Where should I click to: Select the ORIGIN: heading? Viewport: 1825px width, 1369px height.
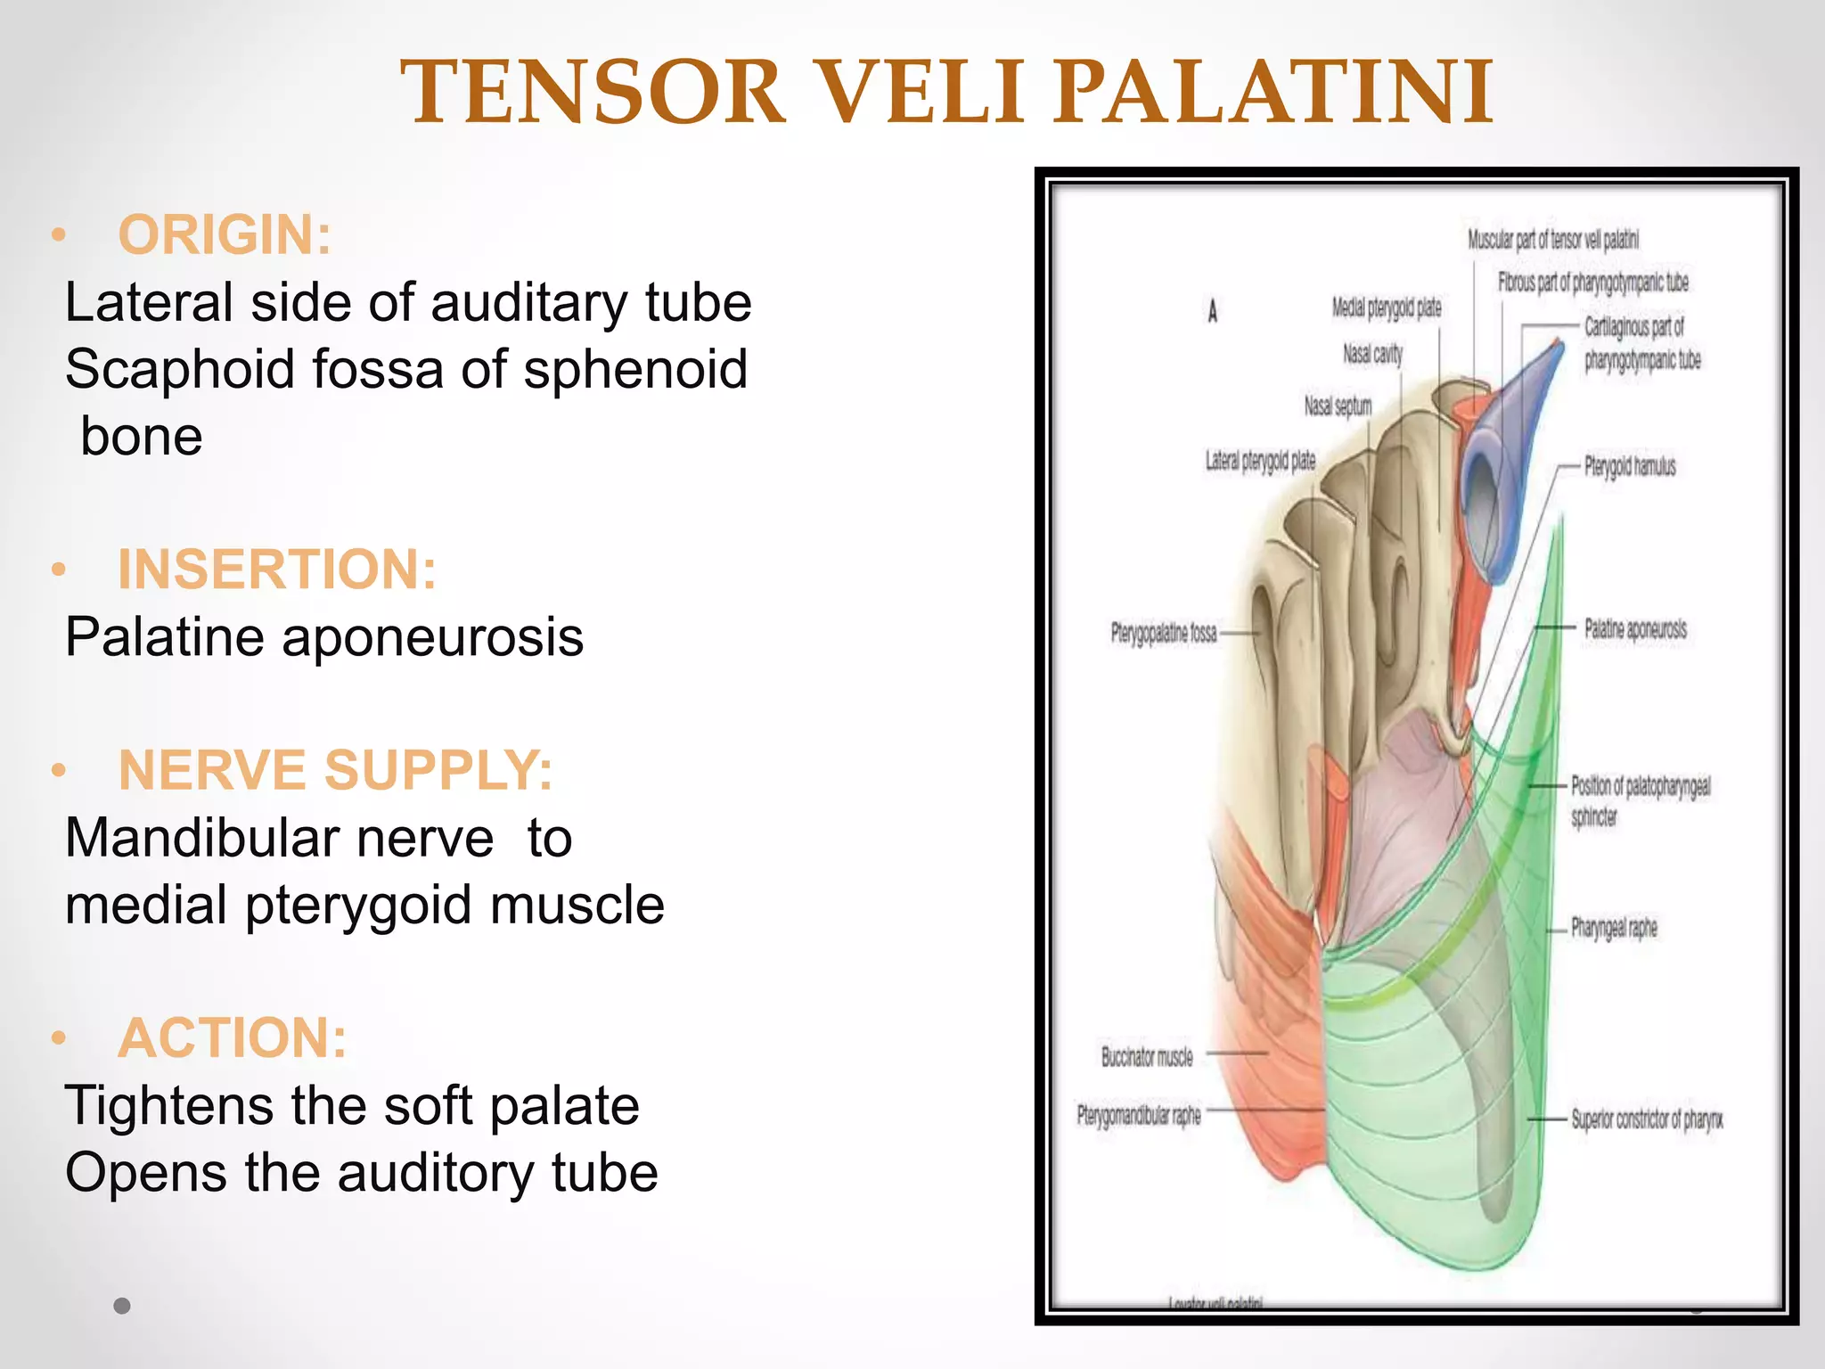pyautogui.click(x=225, y=235)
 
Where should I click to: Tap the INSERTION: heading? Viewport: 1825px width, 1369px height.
pyautogui.click(x=277, y=570)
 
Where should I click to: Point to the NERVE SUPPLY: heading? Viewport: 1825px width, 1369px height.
pyautogui.click(x=335, y=770)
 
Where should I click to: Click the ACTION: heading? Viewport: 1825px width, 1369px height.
pyautogui.click(x=233, y=1038)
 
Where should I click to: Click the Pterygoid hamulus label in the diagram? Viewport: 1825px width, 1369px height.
pyautogui.click(x=1629, y=466)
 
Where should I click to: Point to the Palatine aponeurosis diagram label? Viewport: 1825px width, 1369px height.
pyautogui.click(x=1634, y=629)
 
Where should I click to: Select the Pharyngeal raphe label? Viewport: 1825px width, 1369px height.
pyautogui.click(x=1613, y=928)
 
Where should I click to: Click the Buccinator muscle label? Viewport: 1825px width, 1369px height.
pyautogui.click(x=1147, y=1057)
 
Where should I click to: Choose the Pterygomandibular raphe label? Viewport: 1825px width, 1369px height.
pyautogui.click(x=1139, y=1116)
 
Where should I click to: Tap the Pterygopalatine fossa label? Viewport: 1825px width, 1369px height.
pyautogui.click(x=1163, y=634)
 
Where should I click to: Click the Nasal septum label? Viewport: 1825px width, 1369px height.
pyautogui.click(x=1337, y=406)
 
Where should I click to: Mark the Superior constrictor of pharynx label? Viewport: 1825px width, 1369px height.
pyautogui.click(x=1646, y=1119)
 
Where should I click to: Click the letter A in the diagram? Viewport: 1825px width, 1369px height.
pyautogui.click(x=1212, y=311)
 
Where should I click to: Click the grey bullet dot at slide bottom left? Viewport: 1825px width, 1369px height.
pyautogui.click(x=122, y=1306)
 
